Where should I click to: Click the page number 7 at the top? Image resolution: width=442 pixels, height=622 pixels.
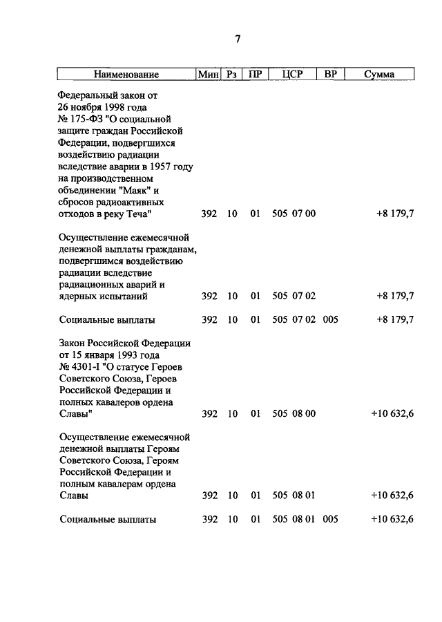(237, 39)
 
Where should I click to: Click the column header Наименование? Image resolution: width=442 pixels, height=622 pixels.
(126, 74)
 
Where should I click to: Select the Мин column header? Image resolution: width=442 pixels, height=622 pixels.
(207, 74)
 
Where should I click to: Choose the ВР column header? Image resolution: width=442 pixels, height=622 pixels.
(329, 74)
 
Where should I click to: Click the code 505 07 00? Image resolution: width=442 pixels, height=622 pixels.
(294, 214)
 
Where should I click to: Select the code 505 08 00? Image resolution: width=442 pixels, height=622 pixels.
(294, 415)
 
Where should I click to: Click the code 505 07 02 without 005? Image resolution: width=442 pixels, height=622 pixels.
(294, 296)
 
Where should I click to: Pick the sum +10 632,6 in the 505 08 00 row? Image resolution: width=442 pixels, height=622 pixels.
(392, 415)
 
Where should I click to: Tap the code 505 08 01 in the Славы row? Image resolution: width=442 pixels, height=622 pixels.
(294, 496)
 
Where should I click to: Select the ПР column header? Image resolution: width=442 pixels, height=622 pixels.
(255, 74)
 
